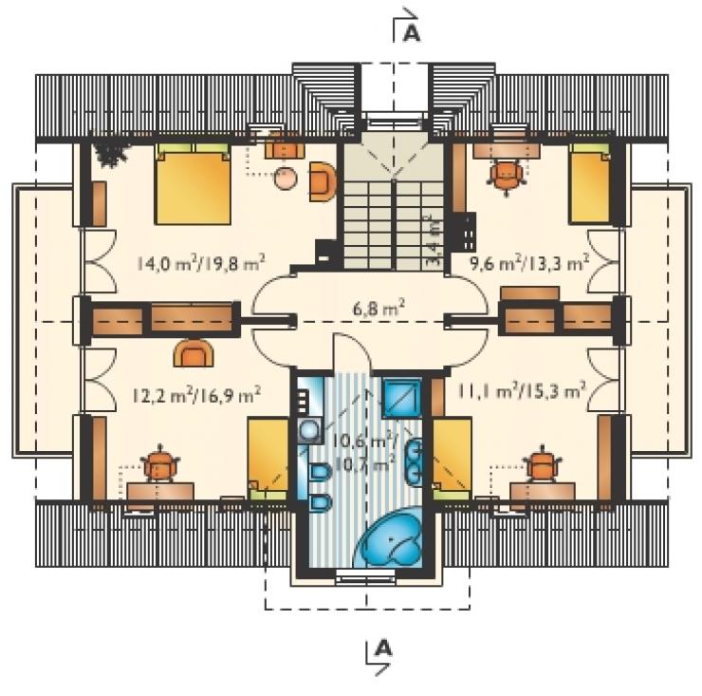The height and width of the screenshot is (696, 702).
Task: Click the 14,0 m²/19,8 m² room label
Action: (x=200, y=263)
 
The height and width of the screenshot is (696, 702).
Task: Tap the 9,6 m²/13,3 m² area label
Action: (x=528, y=263)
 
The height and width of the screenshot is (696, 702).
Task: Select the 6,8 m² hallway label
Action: (x=379, y=309)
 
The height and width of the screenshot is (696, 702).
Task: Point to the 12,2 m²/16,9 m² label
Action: (x=197, y=395)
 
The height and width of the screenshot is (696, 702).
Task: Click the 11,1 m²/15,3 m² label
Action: (x=522, y=390)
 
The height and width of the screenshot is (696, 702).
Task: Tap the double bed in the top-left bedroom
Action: (x=193, y=184)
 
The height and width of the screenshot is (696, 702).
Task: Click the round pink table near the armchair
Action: (x=286, y=179)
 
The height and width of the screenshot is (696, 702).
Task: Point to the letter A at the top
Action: (x=412, y=33)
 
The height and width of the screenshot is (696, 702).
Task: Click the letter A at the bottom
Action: (x=383, y=648)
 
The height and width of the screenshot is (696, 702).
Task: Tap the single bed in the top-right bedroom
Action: (x=590, y=184)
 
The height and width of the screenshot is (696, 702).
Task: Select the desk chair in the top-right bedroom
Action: (x=506, y=176)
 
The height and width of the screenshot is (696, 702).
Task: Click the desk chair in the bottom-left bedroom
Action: (x=159, y=464)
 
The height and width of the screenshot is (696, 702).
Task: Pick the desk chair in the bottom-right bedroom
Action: (x=543, y=464)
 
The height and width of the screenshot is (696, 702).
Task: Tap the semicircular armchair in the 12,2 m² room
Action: (x=193, y=352)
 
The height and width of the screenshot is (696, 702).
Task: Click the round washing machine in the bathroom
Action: (x=310, y=431)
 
